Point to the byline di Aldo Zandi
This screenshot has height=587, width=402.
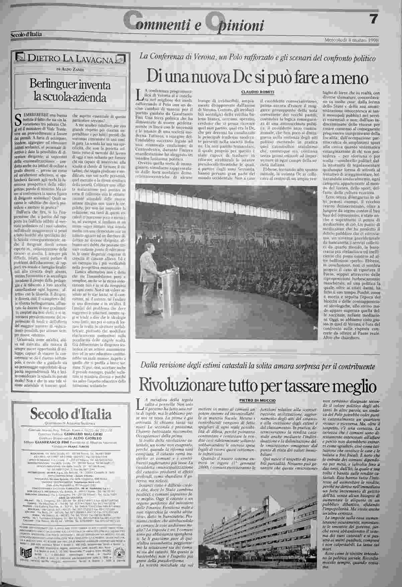[68, 69]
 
